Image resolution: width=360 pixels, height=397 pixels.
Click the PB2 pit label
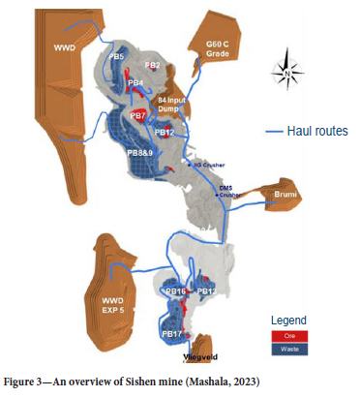[151, 66]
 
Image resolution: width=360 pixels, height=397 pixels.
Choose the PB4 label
[136, 83]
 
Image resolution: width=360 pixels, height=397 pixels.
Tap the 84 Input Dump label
[173, 104]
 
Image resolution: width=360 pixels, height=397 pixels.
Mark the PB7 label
[138, 116]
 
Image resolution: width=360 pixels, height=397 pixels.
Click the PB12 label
[163, 133]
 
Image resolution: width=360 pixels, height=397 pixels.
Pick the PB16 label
[175, 291]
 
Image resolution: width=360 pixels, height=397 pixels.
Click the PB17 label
[172, 334]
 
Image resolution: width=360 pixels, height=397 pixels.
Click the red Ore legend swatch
[290, 335]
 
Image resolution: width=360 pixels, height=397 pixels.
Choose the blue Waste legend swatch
[290, 346]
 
